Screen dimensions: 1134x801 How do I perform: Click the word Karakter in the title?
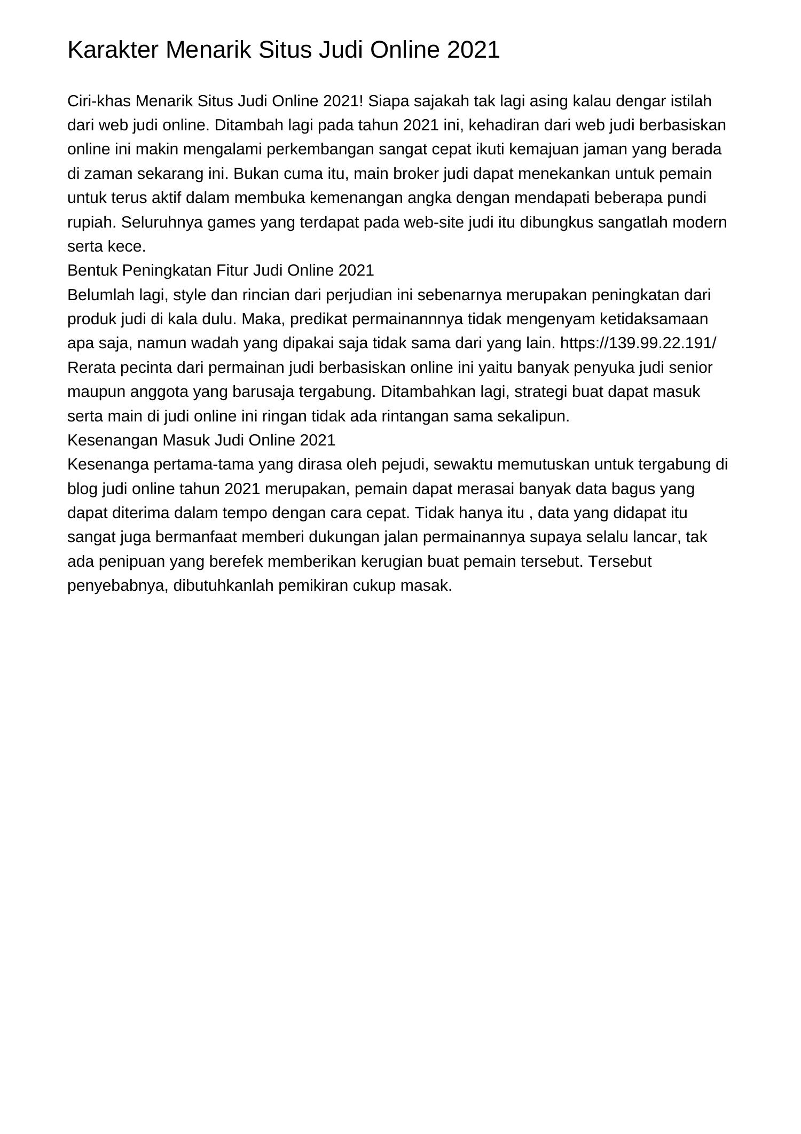pyautogui.click(x=113, y=50)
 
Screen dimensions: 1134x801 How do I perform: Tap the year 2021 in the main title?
pyautogui.click(x=473, y=50)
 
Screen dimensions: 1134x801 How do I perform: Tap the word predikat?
pyautogui.click(x=320, y=319)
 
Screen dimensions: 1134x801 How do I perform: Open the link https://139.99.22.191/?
pyautogui.click(x=638, y=343)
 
